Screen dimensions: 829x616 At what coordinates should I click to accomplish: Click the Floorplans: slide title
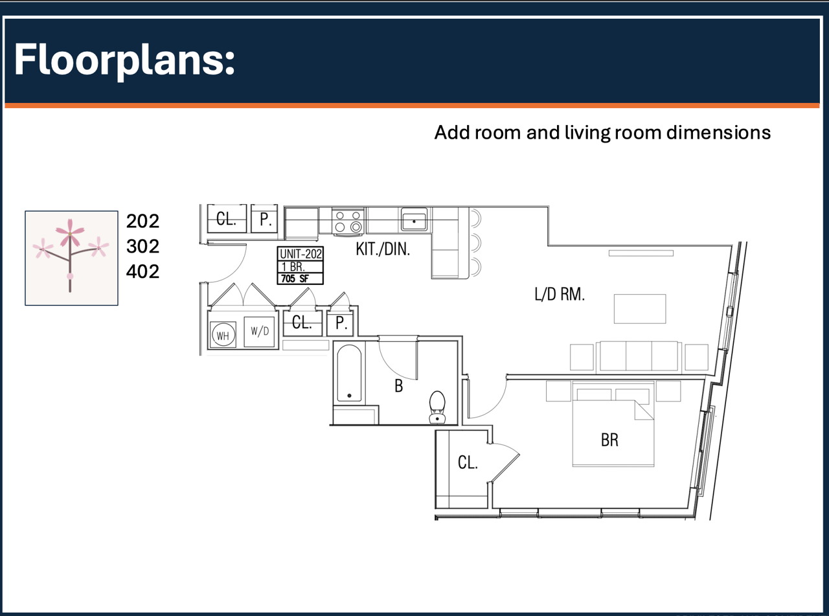click(x=124, y=60)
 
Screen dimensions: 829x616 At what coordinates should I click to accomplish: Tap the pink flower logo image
click(x=71, y=258)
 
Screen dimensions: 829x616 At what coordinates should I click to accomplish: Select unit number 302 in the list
click(x=142, y=246)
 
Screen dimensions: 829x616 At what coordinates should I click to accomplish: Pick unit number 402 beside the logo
click(x=142, y=271)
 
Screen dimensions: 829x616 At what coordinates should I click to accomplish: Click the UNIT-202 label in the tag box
click(x=301, y=254)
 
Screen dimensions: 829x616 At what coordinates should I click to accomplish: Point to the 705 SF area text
click(x=295, y=279)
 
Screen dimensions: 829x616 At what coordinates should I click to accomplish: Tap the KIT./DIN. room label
click(x=383, y=249)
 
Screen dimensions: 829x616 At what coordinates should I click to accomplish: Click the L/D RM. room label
click(x=560, y=294)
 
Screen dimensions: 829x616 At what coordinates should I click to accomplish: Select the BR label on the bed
click(x=609, y=440)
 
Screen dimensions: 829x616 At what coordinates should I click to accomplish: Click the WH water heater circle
click(x=223, y=335)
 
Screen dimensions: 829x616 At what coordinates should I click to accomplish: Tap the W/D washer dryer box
click(x=260, y=332)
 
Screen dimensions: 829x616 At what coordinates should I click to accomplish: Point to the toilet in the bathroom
click(x=437, y=407)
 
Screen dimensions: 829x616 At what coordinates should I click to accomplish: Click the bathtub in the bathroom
click(x=349, y=373)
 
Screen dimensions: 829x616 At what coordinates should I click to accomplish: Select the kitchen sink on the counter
click(x=414, y=220)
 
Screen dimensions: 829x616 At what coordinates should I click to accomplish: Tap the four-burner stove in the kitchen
click(x=348, y=222)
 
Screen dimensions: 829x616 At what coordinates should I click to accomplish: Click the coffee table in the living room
click(x=640, y=309)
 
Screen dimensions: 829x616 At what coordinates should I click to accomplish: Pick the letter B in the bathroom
click(x=399, y=386)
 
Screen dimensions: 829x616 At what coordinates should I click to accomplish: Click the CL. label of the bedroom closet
click(x=468, y=462)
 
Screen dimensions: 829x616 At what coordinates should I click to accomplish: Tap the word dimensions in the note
click(x=718, y=133)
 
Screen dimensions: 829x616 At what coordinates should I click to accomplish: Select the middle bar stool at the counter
click(x=476, y=243)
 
